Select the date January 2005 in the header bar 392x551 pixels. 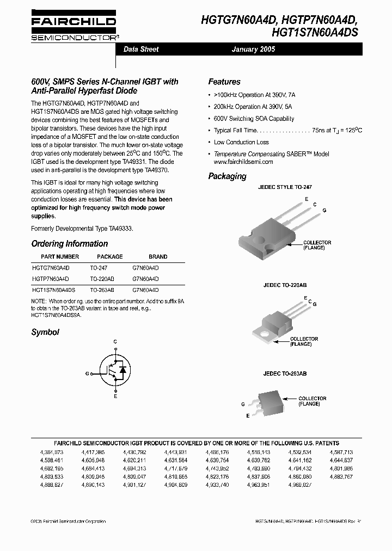(x=253, y=49)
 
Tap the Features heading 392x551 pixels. (x=224, y=82)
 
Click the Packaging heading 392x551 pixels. (x=227, y=176)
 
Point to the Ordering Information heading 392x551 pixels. (x=69, y=243)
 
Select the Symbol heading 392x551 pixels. (x=45, y=332)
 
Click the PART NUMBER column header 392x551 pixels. (x=60, y=256)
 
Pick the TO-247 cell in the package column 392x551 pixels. (x=99, y=268)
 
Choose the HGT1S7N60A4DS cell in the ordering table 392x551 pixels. (x=53, y=290)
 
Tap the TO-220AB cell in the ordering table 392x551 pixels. (x=102, y=279)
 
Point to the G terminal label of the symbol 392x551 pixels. (x=87, y=374)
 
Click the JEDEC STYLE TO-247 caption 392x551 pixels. (x=284, y=187)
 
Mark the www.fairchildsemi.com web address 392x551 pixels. (x=243, y=162)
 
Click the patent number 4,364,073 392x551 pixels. (x=52, y=452)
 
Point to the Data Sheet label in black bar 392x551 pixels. (x=141, y=49)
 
